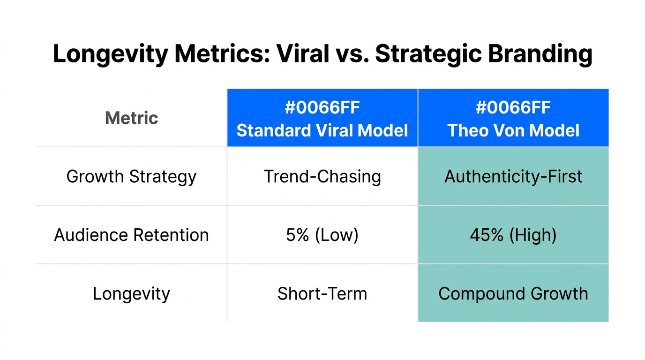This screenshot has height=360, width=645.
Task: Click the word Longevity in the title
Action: click(x=110, y=54)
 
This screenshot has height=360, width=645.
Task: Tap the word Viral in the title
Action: click(x=302, y=54)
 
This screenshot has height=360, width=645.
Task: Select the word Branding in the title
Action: click(x=540, y=54)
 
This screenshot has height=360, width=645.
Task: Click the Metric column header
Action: click(x=132, y=118)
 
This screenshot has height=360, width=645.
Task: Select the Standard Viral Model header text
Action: click(x=322, y=130)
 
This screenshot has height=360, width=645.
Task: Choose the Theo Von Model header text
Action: click(x=513, y=130)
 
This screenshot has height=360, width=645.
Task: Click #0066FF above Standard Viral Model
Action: click(x=322, y=108)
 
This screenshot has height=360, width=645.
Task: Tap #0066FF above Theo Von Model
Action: click(x=513, y=108)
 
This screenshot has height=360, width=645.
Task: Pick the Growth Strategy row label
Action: click(x=132, y=177)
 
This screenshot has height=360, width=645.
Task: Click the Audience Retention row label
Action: click(x=132, y=235)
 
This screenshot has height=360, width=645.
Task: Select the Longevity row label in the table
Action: click(x=132, y=294)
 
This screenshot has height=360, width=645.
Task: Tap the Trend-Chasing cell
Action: click(x=322, y=177)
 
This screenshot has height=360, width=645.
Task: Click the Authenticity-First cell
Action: click(x=513, y=177)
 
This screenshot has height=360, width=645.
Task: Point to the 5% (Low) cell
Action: click(x=322, y=235)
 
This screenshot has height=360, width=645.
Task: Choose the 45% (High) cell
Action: click(x=513, y=235)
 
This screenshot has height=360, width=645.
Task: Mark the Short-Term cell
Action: click(x=322, y=294)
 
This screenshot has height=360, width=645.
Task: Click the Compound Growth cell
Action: click(x=513, y=294)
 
